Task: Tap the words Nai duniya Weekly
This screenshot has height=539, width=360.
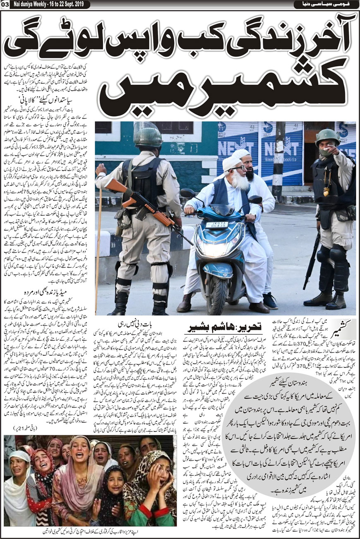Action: tap(31, 5)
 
